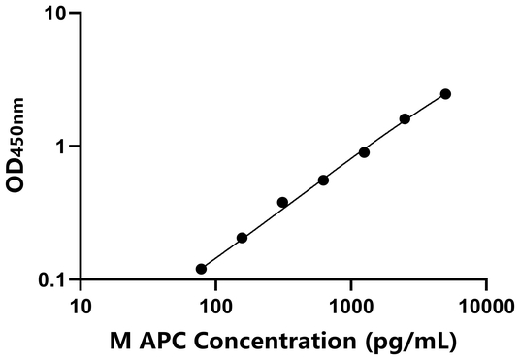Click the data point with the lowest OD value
(x=201, y=269)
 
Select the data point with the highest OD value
(x=445, y=94)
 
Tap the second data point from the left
(x=242, y=238)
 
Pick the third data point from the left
(x=282, y=202)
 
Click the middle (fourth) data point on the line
(x=323, y=180)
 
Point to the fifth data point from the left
(x=364, y=152)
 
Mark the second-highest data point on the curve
(x=405, y=118)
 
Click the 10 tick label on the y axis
(x=55, y=15)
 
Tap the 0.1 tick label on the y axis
(x=52, y=279)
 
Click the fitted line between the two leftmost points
(x=221, y=253)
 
